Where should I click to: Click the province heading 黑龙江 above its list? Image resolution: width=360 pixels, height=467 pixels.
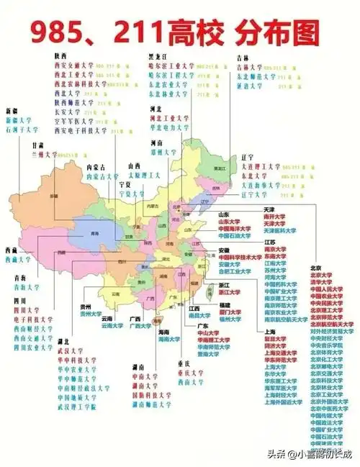tap(159, 54)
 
